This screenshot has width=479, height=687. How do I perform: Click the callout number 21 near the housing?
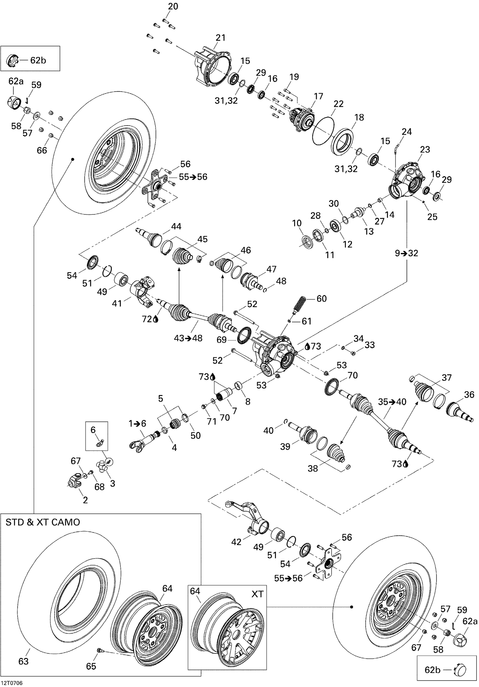[220, 38]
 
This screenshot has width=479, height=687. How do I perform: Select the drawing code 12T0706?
[12, 683]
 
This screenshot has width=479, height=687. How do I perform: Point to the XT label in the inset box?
[257, 594]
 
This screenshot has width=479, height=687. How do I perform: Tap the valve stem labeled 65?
[99, 648]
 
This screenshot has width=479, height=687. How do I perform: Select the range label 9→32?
[406, 253]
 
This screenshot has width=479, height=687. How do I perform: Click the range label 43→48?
[188, 338]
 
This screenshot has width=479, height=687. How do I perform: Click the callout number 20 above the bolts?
[173, 6]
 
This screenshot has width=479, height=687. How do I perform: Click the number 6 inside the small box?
[93, 430]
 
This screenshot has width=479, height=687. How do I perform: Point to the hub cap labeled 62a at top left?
[13, 103]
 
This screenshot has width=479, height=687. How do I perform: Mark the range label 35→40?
[392, 402]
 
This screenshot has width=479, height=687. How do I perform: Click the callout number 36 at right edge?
[469, 394]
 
